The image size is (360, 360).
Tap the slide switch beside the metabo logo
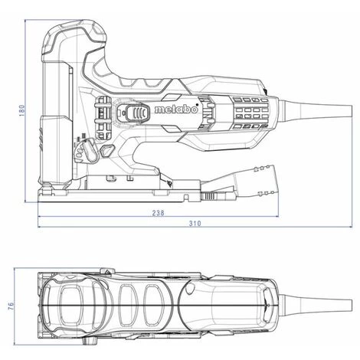click(138, 113)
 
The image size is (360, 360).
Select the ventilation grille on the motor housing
click(245, 115)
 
